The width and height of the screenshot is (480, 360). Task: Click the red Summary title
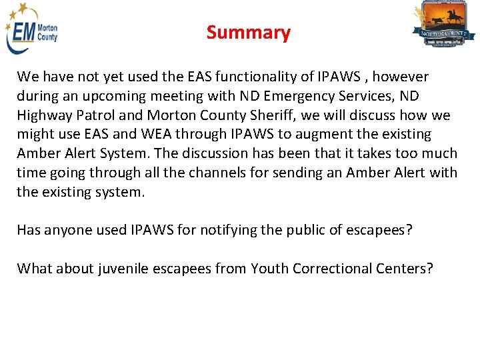[x=248, y=33]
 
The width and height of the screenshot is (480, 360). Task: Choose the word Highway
[x=45, y=115]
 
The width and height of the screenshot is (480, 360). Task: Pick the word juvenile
[x=123, y=269]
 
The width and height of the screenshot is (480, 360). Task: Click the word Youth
[x=269, y=269]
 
